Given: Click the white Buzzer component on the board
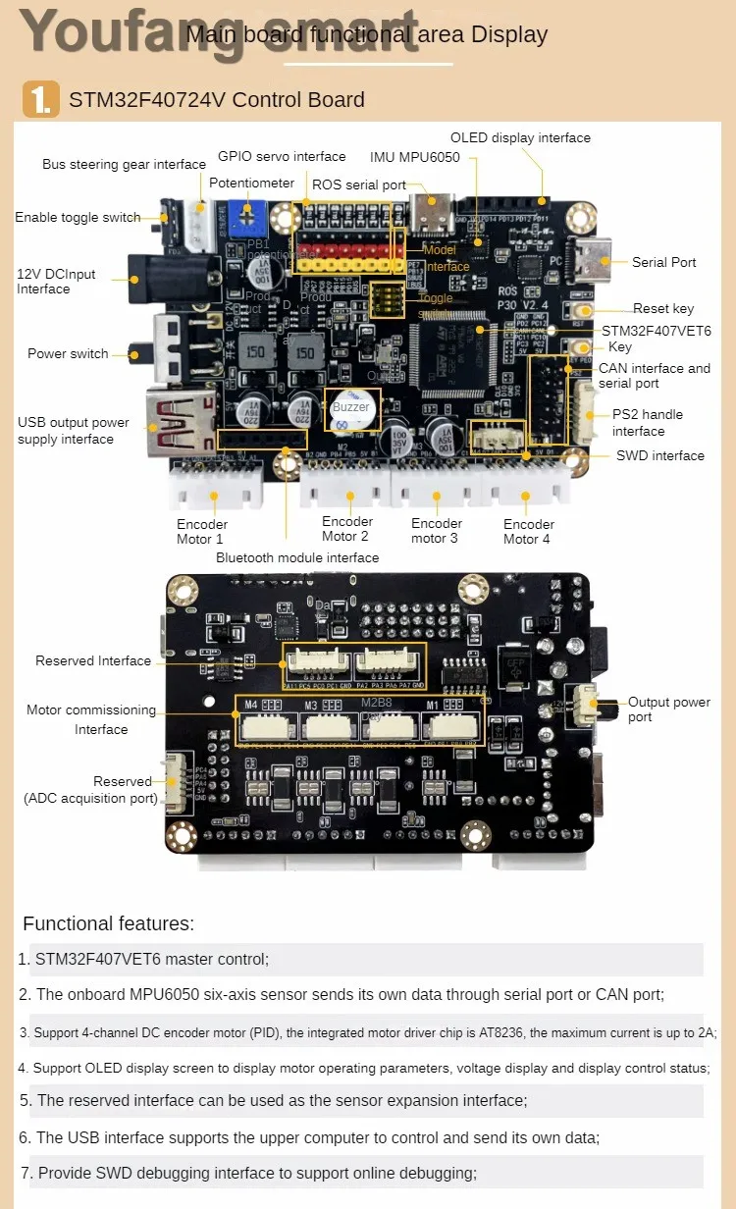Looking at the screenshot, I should (350, 409).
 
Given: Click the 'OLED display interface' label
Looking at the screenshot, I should (520, 138).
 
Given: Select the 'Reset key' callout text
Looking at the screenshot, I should (663, 308).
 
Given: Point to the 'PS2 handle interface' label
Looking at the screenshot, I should (647, 423).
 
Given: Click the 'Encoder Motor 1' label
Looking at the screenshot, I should (201, 531).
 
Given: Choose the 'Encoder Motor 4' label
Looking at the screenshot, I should (528, 531).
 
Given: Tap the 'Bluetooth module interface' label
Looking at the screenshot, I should (297, 557).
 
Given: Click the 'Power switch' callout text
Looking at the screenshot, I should (68, 353).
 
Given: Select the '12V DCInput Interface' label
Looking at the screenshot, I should (56, 282).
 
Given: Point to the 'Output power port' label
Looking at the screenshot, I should (669, 710).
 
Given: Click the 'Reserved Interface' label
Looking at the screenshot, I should (93, 660).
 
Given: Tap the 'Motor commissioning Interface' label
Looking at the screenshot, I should (91, 719).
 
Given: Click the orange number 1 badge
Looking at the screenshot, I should (41, 99).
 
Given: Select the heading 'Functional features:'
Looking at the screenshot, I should (109, 923).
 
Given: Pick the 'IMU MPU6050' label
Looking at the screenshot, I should (414, 157).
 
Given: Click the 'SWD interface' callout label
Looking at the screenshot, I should (659, 455).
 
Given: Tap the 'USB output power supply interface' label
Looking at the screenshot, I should (73, 431).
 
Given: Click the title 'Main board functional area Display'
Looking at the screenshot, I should (366, 35).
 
